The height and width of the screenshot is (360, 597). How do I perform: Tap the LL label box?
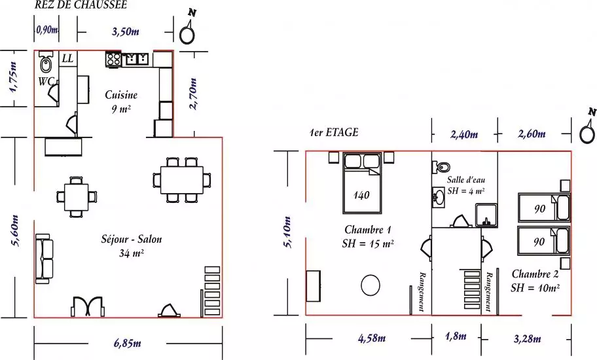pyautogui.click(x=68, y=59)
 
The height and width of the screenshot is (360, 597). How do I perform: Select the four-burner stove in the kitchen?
pyautogui.click(x=113, y=60)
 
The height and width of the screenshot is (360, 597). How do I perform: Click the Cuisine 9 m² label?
pyautogui.click(x=121, y=101)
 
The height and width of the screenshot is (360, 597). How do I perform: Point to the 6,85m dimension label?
pyautogui.click(x=128, y=343)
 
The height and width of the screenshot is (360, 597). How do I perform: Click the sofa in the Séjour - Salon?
pyautogui.click(x=44, y=259)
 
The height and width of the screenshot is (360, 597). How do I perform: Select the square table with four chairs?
pyautogui.click(x=76, y=197)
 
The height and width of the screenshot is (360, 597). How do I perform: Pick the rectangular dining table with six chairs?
pyautogui.click(x=181, y=179)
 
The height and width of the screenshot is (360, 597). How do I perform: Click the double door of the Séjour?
pyautogui.click(x=87, y=306)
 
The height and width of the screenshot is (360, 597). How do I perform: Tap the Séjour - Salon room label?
pyautogui.click(x=132, y=246)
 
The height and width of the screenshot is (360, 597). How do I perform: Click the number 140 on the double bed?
pyautogui.click(x=361, y=195)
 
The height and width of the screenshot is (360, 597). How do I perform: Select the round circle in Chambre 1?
pyautogui.click(x=371, y=285)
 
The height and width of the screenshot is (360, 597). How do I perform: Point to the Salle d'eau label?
pyautogui.click(x=466, y=179)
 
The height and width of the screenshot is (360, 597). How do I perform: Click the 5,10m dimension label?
pyautogui.click(x=288, y=232)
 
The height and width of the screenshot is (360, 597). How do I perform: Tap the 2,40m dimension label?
pyautogui.click(x=464, y=134)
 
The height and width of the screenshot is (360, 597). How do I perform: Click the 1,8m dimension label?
pyautogui.click(x=456, y=336)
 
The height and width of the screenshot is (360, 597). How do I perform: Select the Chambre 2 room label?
pyautogui.click(x=535, y=280)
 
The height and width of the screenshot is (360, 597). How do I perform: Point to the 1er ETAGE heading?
pyautogui.click(x=334, y=132)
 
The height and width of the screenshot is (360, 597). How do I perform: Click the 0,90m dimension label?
pyautogui.click(x=47, y=29)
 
